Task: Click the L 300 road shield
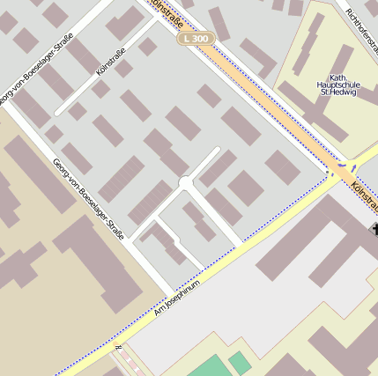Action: pyautogui.click(x=196, y=40)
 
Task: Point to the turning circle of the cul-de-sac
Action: pyautogui.click(x=185, y=182)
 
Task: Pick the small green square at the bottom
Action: pyautogui.click(x=241, y=361)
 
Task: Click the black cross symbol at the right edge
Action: pyautogui.click(x=374, y=230)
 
